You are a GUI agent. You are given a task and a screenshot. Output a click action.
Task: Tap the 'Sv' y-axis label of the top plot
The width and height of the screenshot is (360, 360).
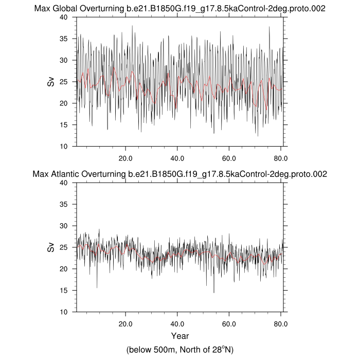point(51,81)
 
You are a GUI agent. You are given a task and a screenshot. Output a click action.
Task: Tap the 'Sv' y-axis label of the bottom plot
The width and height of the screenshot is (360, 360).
point(51,247)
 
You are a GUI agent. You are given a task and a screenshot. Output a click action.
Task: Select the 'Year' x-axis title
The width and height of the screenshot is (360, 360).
point(179,336)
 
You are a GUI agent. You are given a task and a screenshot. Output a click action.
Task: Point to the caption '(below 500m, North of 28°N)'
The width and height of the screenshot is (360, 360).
point(179,350)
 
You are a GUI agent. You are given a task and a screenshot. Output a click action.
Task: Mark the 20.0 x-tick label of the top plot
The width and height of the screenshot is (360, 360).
point(125,158)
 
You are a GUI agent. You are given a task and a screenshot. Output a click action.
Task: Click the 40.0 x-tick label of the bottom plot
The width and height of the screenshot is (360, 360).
point(177,323)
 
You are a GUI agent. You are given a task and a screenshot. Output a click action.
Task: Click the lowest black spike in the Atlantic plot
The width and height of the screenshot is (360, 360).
point(214,292)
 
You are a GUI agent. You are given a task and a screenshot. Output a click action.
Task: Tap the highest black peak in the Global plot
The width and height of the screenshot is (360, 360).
point(133,26)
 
